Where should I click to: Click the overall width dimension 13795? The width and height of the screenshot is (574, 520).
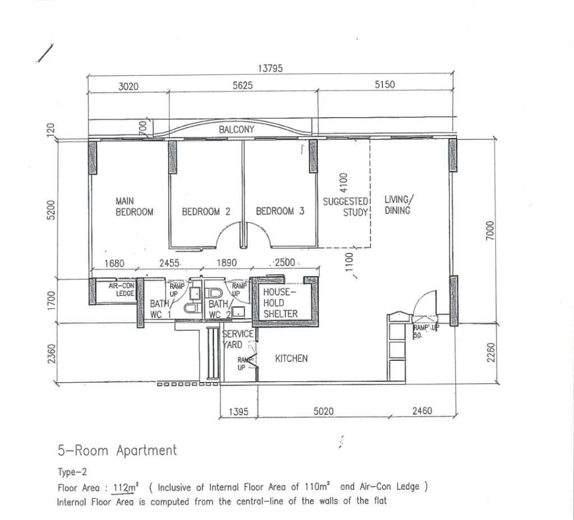point(270,68)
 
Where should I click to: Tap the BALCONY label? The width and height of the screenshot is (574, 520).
point(236,129)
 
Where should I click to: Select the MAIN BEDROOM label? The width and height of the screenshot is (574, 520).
point(134,206)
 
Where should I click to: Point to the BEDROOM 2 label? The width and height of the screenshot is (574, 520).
point(206,211)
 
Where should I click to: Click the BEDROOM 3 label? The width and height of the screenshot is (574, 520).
point(280,211)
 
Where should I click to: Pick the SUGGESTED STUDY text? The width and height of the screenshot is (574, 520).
point(345,207)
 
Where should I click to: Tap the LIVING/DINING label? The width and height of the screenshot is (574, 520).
point(399,205)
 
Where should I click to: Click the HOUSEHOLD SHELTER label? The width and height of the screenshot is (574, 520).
point(280,303)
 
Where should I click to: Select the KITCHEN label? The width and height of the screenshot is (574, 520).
point(291,358)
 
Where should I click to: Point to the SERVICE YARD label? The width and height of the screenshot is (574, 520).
point(238,339)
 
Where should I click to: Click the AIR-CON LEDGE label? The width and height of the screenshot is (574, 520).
point(121,289)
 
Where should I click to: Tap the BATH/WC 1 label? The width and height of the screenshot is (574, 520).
point(160,309)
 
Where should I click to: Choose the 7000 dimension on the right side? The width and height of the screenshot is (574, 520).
point(490,230)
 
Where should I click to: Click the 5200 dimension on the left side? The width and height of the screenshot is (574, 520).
point(51,210)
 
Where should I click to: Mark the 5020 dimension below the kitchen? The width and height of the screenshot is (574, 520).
point(323,411)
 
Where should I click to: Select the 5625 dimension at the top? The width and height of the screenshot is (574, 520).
point(242,85)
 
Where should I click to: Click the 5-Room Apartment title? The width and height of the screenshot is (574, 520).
point(117,451)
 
